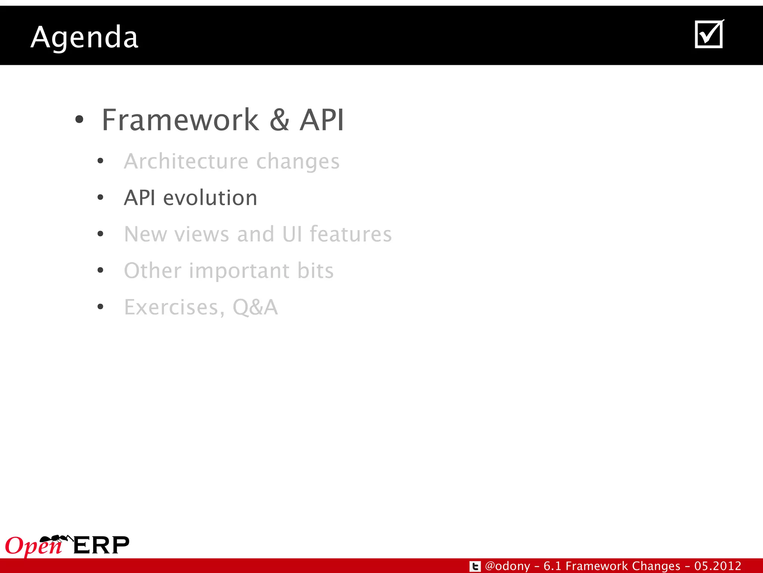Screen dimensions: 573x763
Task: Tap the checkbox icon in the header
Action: click(x=709, y=34)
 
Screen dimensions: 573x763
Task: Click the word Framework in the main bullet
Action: click(x=180, y=120)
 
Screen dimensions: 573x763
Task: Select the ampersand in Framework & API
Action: click(x=279, y=120)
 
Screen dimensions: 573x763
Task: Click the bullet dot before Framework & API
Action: click(x=79, y=120)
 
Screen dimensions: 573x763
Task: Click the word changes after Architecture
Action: click(x=298, y=162)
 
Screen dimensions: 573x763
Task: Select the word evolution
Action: click(x=210, y=197)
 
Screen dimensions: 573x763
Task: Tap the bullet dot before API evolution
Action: click(x=100, y=197)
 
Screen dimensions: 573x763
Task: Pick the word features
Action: click(x=351, y=234)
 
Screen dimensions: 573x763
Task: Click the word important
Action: click(x=239, y=270)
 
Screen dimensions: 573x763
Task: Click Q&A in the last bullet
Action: click(x=255, y=307)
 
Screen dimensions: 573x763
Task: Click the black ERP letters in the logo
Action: click(x=101, y=545)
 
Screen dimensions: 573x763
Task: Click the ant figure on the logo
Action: click(x=56, y=539)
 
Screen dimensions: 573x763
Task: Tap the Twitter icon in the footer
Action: click(x=475, y=566)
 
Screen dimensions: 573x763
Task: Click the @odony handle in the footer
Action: click(x=507, y=566)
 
